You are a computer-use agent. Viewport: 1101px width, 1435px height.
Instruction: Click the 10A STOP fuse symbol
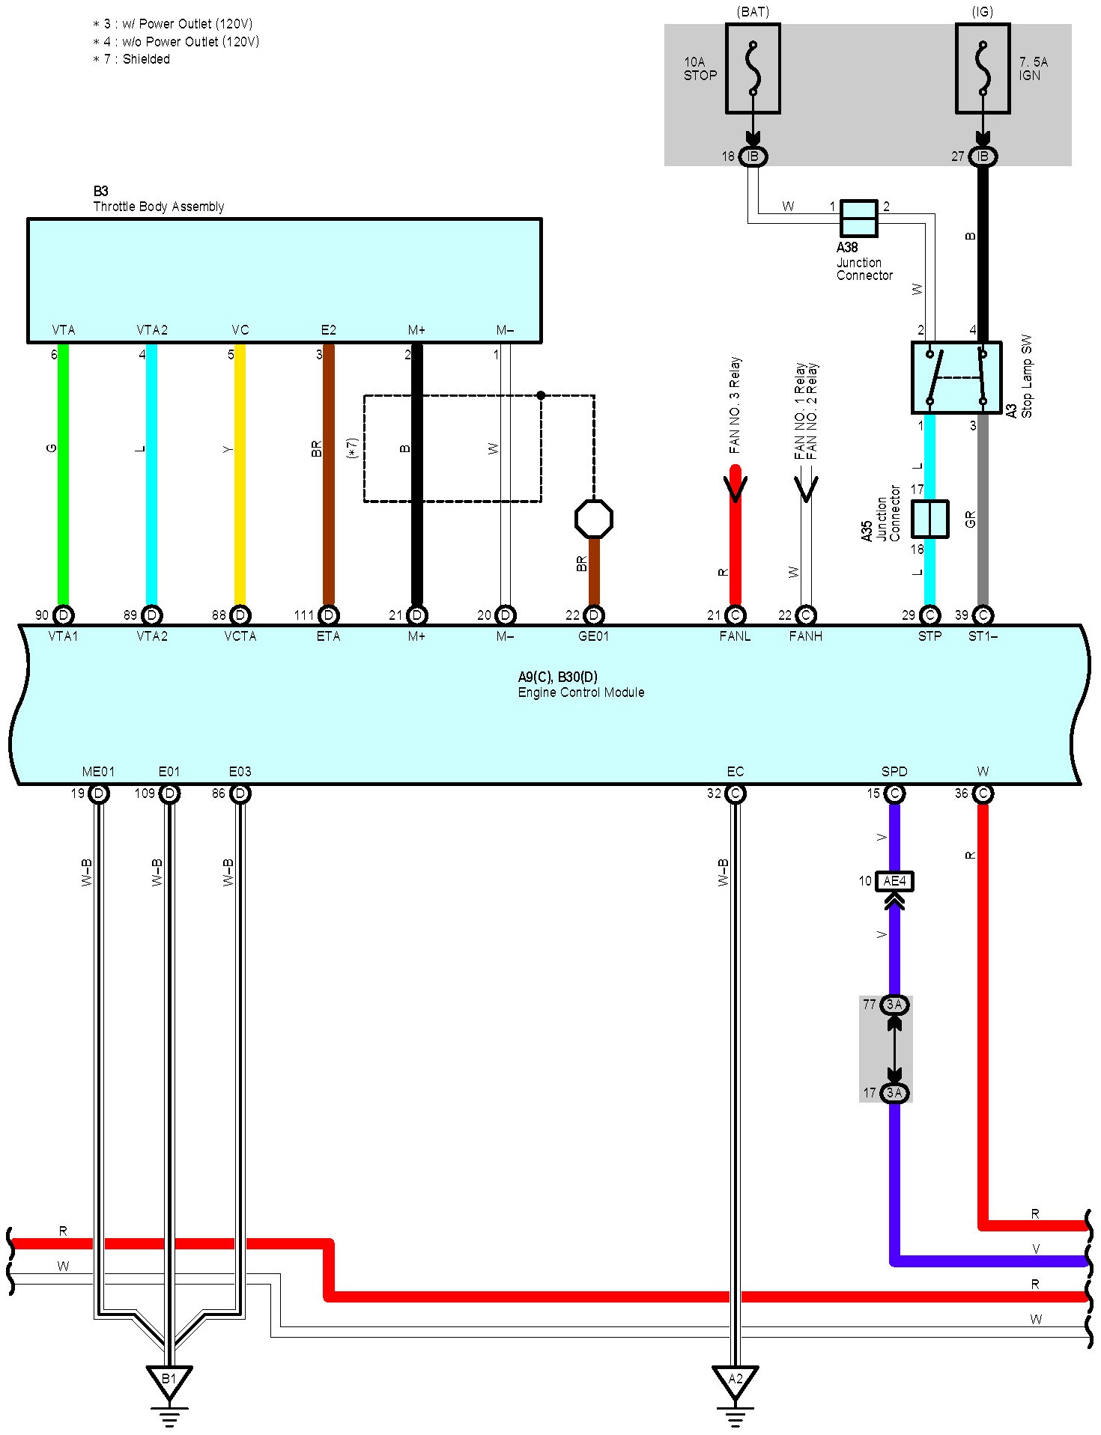753,69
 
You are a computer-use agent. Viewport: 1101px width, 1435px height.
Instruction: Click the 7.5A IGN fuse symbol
983,69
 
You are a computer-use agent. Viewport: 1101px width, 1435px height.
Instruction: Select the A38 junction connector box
858,218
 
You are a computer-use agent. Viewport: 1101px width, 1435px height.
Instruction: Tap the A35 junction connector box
929,519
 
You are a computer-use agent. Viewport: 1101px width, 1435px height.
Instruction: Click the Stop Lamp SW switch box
956,377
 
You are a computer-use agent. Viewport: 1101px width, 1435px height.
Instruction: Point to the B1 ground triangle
169,1379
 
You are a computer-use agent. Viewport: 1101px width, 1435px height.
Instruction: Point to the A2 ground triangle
735,1379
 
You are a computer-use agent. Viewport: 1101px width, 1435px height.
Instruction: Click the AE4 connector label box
894,881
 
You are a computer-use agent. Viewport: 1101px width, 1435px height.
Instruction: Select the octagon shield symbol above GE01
593,519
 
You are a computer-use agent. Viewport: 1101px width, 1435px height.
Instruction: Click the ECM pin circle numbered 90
64,615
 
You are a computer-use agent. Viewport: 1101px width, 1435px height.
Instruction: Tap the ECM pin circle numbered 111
328,615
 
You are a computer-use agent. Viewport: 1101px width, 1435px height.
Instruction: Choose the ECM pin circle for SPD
894,793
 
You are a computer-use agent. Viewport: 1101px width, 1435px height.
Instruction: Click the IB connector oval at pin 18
753,156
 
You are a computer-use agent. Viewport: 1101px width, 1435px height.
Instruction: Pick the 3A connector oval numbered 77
894,1005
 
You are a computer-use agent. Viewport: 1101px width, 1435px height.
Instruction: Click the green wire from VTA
64,479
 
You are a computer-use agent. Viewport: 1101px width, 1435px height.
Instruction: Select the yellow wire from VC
240,479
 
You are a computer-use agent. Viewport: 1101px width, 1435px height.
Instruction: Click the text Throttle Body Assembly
158,207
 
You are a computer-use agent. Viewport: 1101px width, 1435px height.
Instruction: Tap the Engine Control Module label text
580,692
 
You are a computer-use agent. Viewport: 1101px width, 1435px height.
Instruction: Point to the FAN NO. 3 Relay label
735,405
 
